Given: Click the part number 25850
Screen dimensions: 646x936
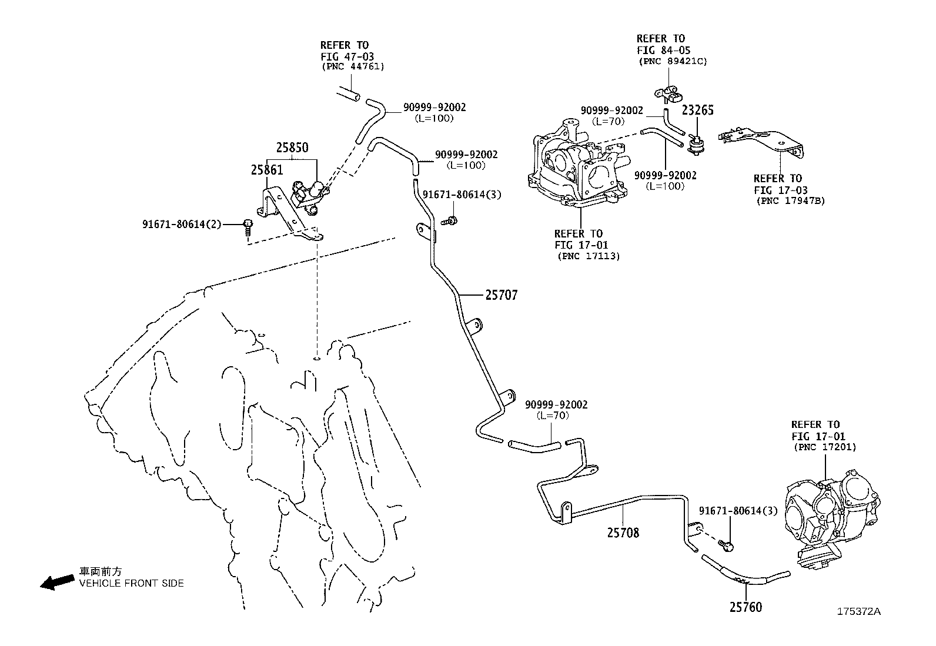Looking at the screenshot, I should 292,148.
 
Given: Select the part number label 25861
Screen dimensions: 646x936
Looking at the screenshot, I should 267,170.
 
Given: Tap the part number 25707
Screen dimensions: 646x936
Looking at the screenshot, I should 501,295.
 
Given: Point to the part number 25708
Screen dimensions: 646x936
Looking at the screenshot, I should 623,533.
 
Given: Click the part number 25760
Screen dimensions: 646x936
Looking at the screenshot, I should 746,607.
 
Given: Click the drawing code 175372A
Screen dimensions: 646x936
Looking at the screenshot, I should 859,611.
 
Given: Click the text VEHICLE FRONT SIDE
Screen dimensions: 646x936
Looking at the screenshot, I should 131,584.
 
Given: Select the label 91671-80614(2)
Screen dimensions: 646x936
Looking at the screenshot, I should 182,224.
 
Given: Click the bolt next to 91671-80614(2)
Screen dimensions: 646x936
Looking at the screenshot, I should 248,226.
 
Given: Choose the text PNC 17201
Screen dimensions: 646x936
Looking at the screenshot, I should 825,447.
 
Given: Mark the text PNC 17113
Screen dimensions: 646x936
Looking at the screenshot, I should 588,256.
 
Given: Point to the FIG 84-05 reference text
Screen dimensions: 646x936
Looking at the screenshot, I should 663,51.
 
